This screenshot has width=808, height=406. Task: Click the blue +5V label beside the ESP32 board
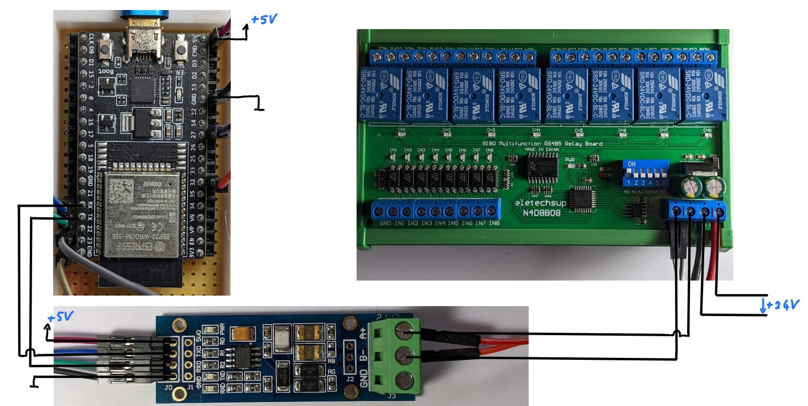pos(264,20)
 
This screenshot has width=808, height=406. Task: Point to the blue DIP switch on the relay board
pos(645,173)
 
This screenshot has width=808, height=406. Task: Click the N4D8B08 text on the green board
pos(542,213)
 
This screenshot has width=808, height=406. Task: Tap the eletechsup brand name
pos(540,203)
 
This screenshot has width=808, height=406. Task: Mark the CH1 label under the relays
pos(402,130)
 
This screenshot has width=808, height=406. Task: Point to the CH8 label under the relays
pos(707,130)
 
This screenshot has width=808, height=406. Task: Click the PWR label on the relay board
pos(570,160)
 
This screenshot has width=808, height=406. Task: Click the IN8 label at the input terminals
pos(494,223)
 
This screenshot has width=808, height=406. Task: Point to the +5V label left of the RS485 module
pos(60,317)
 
